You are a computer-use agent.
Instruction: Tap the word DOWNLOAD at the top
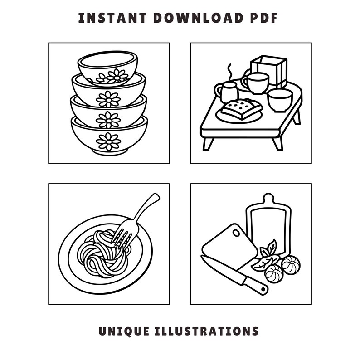click(x=198, y=18)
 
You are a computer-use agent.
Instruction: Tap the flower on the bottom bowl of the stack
click(x=108, y=141)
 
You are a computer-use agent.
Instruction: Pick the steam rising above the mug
click(x=229, y=71)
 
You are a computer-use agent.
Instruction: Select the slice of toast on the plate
click(x=241, y=108)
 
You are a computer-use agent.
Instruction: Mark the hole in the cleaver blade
click(x=236, y=232)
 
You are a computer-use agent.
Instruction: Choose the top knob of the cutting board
click(x=268, y=199)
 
